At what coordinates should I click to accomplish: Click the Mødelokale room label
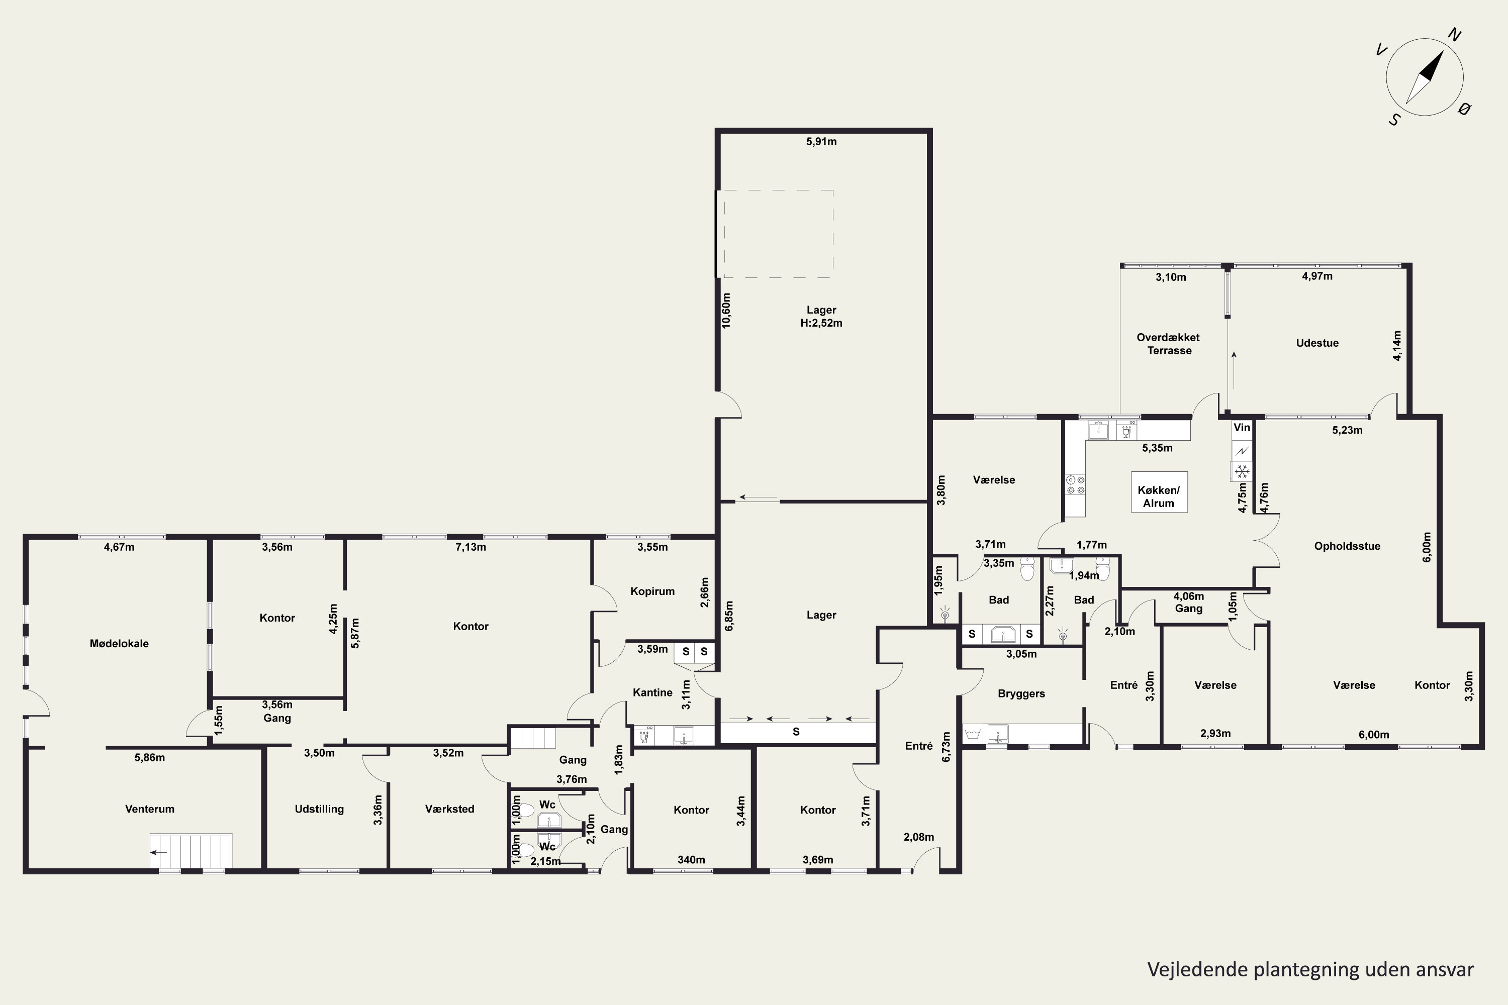(119, 644)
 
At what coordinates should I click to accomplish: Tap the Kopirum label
(652, 591)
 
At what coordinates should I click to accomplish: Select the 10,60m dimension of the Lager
(726, 311)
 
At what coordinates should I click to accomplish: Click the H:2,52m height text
(821, 323)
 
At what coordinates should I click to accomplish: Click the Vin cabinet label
(1242, 428)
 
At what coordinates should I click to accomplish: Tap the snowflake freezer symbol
(1242, 472)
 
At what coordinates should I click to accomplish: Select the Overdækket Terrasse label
(1169, 344)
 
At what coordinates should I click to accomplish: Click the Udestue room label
(1317, 343)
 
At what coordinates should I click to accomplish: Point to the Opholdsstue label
(1347, 546)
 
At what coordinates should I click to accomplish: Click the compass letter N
(1455, 35)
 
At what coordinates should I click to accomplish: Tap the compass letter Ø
(1464, 109)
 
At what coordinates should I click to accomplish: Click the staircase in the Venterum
(191, 851)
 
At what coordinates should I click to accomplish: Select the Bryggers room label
(1021, 693)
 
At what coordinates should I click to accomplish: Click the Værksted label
(449, 809)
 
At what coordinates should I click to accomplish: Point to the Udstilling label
(319, 809)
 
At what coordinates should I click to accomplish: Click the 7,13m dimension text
(470, 547)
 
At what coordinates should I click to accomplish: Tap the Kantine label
(652, 692)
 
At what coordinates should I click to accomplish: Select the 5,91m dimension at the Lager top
(821, 142)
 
